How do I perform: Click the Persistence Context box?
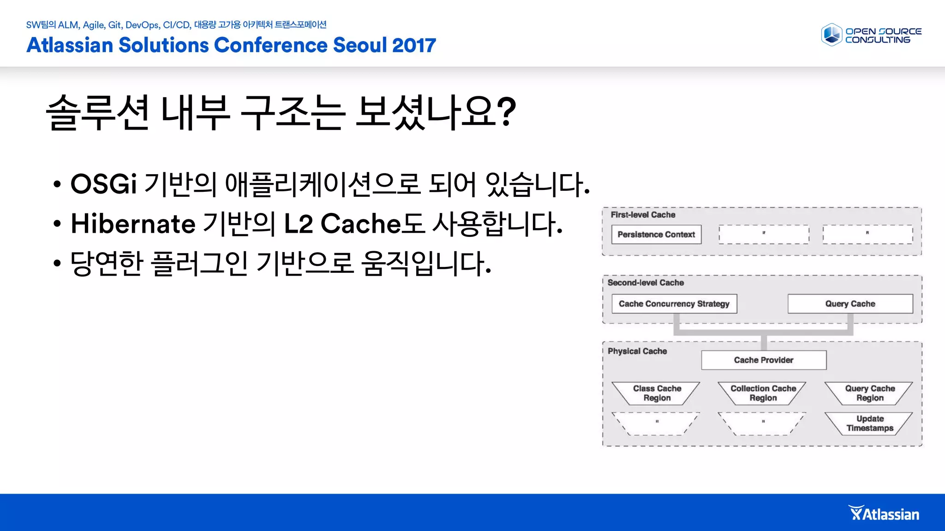point(656,234)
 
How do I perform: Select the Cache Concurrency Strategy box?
point(674,304)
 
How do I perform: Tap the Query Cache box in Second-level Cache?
point(850,304)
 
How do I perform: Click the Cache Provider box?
point(763,360)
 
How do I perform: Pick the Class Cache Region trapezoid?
point(657,393)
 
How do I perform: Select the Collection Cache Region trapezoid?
point(763,393)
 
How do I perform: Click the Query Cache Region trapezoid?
point(869,393)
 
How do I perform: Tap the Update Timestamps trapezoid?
point(869,423)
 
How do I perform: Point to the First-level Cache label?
point(642,215)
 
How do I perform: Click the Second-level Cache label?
point(645,283)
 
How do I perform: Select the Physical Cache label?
point(637,351)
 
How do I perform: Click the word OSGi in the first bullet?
point(103,184)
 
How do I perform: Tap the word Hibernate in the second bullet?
point(133,224)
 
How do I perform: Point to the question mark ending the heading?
point(507,112)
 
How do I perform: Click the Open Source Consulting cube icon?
point(831,35)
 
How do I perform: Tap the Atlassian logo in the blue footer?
point(884,513)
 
